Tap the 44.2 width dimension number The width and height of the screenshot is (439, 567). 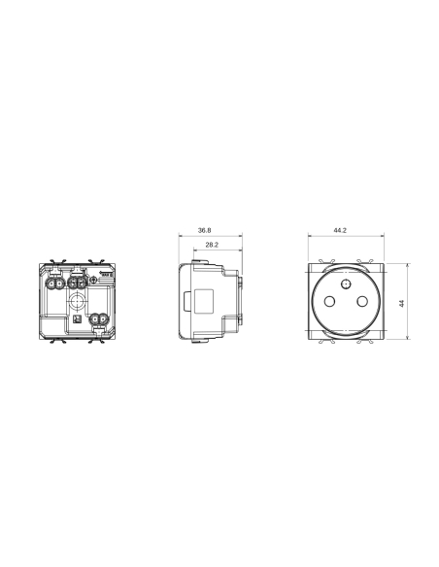pos(340,231)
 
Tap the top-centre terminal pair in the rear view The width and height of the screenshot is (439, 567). pos(78,286)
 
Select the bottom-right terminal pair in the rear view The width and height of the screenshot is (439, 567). pos(97,317)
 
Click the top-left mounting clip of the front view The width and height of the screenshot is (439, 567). pos(322,263)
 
